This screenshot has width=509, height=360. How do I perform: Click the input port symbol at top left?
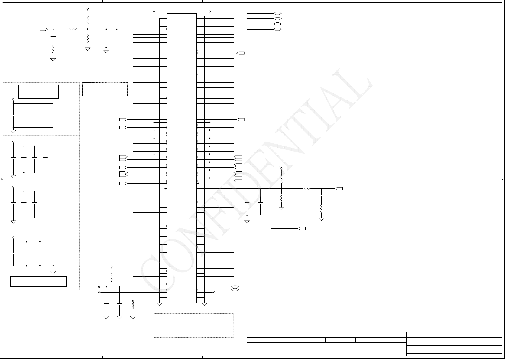click(44, 29)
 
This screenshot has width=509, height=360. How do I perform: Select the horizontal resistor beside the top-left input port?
click(73, 29)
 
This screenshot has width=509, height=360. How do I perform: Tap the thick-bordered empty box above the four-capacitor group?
click(38, 92)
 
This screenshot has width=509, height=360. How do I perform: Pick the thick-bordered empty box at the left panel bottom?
click(38, 281)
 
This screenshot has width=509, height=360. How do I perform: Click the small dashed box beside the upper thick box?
click(105, 89)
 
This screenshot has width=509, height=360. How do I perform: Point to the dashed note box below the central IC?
click(194, 325)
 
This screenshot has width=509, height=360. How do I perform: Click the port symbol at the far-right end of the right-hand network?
click(339, 189)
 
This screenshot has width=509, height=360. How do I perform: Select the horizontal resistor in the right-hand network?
click(306, 189)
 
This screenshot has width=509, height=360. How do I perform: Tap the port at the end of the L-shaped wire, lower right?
click(302, 228)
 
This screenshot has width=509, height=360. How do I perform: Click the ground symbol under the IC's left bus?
click(159, 304)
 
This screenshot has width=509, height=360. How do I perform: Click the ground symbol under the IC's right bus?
click(204, 304)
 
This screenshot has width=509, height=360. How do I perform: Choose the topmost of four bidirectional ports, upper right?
click(277, 13)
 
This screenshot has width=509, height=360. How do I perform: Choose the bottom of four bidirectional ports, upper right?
click(277, 29)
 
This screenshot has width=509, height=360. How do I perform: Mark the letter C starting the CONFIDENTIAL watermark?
click(154, 269)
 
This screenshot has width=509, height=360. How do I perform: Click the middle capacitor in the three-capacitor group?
click(24, 203)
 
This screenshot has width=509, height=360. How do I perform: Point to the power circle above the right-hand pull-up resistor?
click(281, 168)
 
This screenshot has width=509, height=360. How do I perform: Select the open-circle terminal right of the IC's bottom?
click(214, 292)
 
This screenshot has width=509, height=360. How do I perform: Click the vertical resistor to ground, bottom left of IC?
click(133, 304)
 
